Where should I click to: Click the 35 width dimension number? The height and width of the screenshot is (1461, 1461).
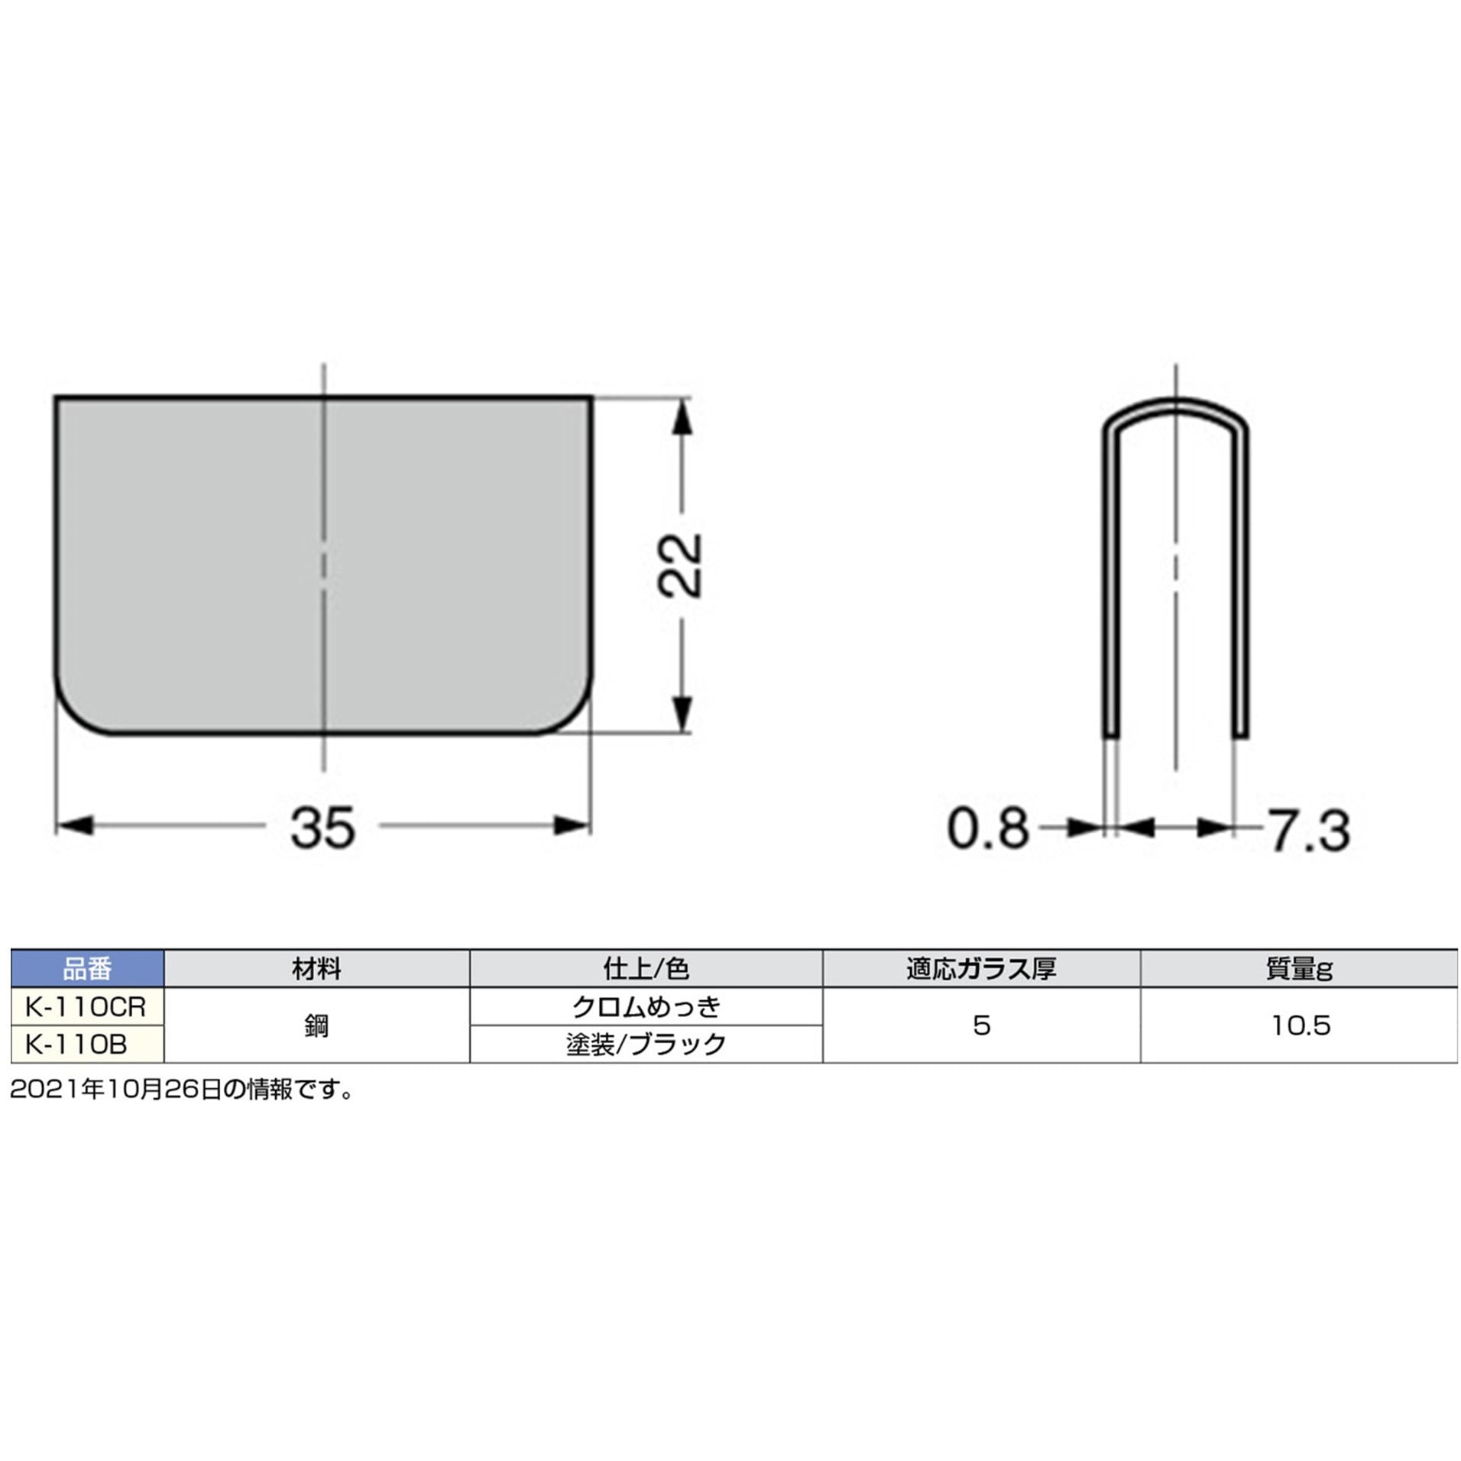point(322,828)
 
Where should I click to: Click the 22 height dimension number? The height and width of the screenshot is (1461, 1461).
point(679,565)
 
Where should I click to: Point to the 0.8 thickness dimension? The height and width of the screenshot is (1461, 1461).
point(988,828)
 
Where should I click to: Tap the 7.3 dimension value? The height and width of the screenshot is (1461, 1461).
point(1310,831)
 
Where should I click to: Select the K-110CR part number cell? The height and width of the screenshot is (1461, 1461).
point(86,1006)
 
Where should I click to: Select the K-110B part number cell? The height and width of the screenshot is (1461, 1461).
point(76,1044)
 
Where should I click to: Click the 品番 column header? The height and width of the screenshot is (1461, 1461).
point(87,969)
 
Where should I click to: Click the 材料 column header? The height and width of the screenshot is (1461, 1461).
point(316,969)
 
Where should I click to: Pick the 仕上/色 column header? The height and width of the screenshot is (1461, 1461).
point(646,969)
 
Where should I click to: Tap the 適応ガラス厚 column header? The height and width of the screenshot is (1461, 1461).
point(981,969)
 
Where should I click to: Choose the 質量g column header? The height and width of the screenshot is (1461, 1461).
point(1299,969)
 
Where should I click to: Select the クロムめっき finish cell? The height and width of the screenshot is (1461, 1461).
point(646,1006)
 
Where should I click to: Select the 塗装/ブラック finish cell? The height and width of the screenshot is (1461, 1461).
point(646,1044)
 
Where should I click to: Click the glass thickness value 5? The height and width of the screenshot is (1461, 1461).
point(982,1025)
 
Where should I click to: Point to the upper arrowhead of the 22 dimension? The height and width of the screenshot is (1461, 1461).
point(683,416)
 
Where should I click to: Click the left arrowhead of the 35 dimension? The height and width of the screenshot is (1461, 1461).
point(75,825)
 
